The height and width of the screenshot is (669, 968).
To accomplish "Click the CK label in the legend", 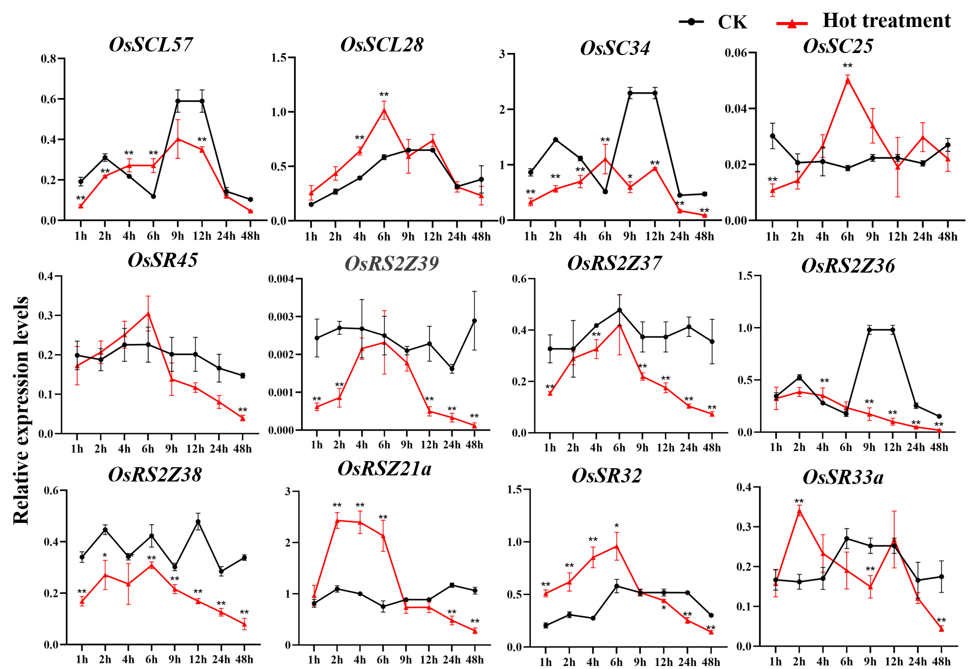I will pos(733,22).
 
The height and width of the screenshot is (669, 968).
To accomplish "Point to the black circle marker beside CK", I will pos(691,22).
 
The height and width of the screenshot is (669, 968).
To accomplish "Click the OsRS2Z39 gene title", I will pos(392,263).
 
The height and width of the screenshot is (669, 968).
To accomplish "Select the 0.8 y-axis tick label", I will pos(48,59).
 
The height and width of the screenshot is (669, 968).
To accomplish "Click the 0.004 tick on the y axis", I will pos(281,279).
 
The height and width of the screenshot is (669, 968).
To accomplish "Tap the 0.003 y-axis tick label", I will pos(281,317).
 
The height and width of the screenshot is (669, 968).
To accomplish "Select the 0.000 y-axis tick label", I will pos(281,431).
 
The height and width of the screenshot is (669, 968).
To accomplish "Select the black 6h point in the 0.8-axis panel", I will pos(153,196).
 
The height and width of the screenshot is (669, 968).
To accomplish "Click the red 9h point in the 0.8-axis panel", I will pos(178,139).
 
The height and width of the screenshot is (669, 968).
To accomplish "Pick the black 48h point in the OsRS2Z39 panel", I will pos(474,320).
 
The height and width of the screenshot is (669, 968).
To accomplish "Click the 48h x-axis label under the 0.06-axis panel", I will pos(947,236).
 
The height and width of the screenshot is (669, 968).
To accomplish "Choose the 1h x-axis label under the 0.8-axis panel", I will pos(80,236).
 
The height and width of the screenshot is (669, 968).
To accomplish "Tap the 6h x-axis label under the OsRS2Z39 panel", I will pos(384,445).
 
